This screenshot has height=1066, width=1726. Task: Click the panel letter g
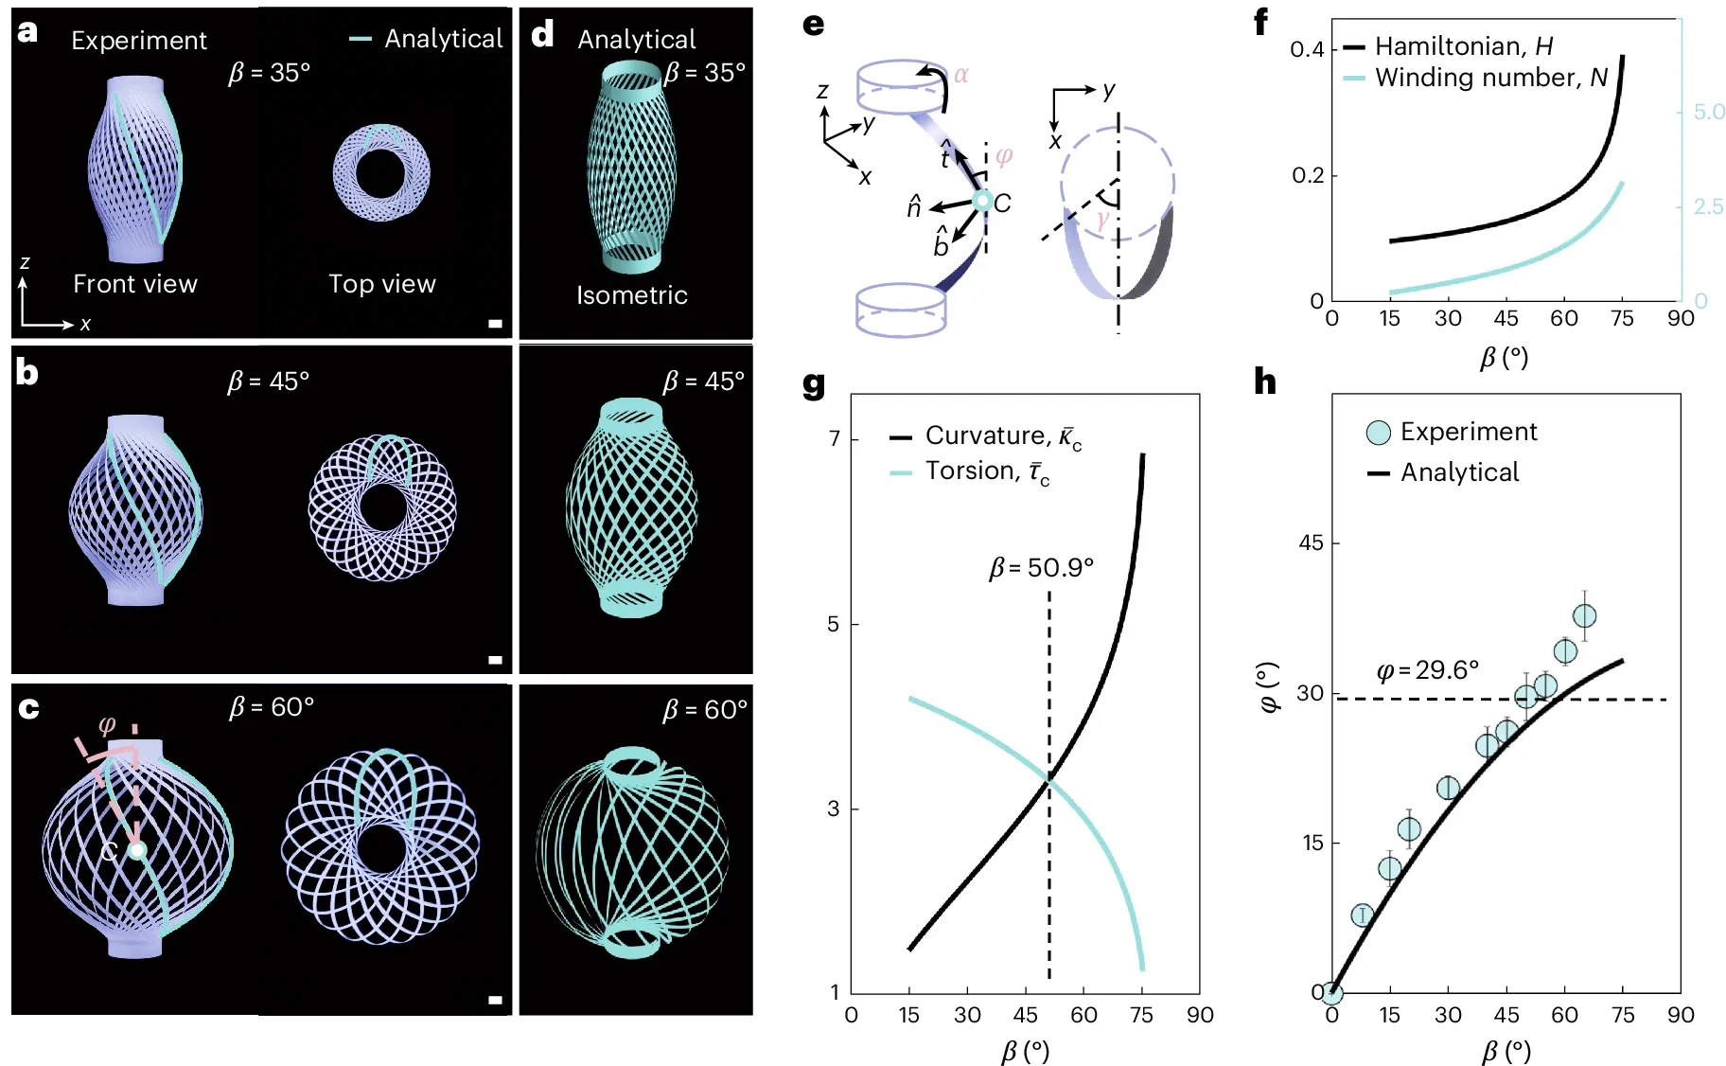813,384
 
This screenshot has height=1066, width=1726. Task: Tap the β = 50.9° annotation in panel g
1041,568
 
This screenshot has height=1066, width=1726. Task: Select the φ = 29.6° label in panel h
1427,670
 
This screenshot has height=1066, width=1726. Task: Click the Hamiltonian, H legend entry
1463,46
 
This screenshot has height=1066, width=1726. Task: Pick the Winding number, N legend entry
1490,78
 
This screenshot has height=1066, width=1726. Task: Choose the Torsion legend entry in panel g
986,471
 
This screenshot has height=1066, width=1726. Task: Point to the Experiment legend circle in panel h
1379,433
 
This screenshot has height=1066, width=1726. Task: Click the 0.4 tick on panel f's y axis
1306,49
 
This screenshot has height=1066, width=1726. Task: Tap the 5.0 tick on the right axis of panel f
1709,112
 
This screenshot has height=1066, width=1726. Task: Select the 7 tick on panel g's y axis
834,439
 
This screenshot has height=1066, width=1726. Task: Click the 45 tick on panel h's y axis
1311,543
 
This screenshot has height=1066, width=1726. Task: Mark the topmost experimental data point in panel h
1584,616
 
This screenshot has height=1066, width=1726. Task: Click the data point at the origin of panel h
1331,993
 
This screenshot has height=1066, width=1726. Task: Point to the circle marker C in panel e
982,201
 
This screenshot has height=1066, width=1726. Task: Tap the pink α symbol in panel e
961,75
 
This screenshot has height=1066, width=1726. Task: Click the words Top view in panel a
381,284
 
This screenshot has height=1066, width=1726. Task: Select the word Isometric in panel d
632,295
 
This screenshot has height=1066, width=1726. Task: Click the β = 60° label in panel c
272,707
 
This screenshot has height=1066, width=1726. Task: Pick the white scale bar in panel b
495,660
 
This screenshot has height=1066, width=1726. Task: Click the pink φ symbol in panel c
107,725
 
